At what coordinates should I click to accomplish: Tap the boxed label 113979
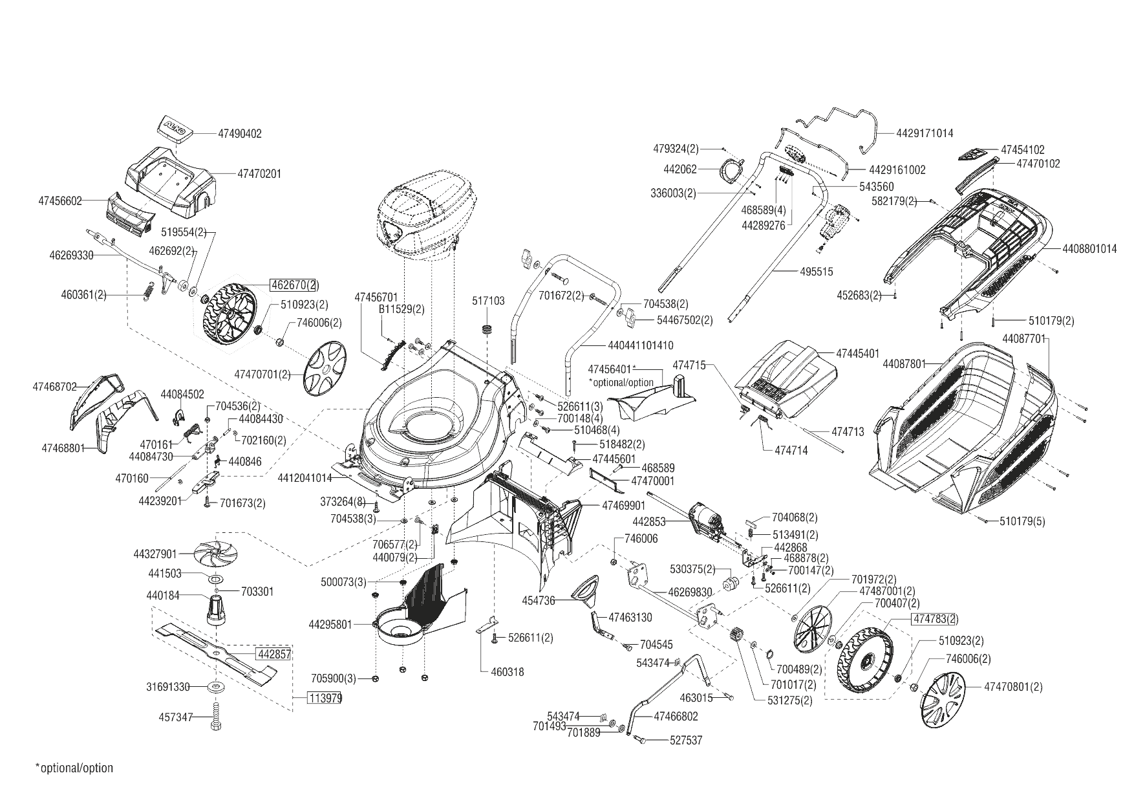coord(325,699)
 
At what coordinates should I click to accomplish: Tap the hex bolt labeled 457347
coord(216,719)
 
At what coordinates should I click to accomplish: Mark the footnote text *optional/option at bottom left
coord(74,768)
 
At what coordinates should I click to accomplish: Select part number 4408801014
coord(1089,248)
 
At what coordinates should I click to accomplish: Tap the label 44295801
coord(330,625)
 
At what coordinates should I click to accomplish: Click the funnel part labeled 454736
coord(588,591)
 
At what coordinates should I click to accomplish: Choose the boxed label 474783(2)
coord(935,619)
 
